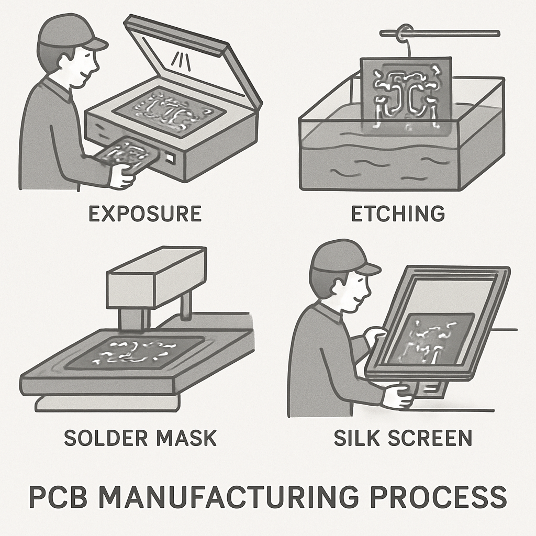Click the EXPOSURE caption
(x=144, y=214)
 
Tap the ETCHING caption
(x=397, y=214)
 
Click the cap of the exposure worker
(x=68, y=32)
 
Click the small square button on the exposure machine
(x=169, y=157)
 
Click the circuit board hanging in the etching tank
(x=406, y=94)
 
